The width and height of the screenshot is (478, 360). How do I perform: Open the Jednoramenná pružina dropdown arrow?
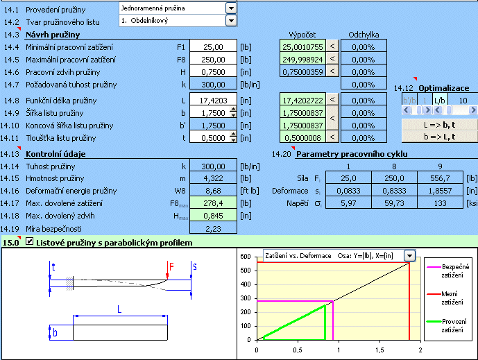pyautogui.click(x=232, y=8)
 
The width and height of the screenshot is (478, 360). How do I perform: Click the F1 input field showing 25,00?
pyautogui.click(x=214, y=47)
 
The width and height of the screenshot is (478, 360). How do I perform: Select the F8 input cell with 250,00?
pyautogui.click(x=214, y=60)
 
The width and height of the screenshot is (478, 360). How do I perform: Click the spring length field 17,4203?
pyautogui.click(x=214, y=101)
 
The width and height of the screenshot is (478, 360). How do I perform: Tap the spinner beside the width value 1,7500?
pyautogui.click(x=233, y=112)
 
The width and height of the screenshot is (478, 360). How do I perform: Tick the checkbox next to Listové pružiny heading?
pyautogui.click(x=30, y=241)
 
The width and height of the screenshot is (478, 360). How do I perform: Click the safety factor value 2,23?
pyautogui.click(x=213, y=229)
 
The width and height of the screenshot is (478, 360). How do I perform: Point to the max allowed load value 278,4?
pyautogui.click(x=213, y=203)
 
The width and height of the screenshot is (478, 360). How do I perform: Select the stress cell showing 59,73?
pyautogui.click(x=394, y=203)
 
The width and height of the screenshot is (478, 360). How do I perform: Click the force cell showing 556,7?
pyautogui.click(x=440, y=178)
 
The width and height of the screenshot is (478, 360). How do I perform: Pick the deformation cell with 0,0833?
pyautogui.click(x=348, y=191)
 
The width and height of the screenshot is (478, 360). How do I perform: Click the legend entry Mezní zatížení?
pyautogui.click(x=452, y=298)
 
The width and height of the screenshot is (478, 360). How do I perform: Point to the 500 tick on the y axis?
pyautogui.click(x=246, y=271)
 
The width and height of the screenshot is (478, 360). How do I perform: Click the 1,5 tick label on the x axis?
pyautogui.click(x=379, y=350)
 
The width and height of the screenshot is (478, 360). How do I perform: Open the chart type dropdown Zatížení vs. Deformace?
pyautogui.click(x=410, y=255)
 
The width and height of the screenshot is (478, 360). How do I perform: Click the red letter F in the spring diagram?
pyautogui.click(x=171, y=267)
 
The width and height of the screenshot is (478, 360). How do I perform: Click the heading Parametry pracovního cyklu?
pyautogui.click(x=352, y=154)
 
